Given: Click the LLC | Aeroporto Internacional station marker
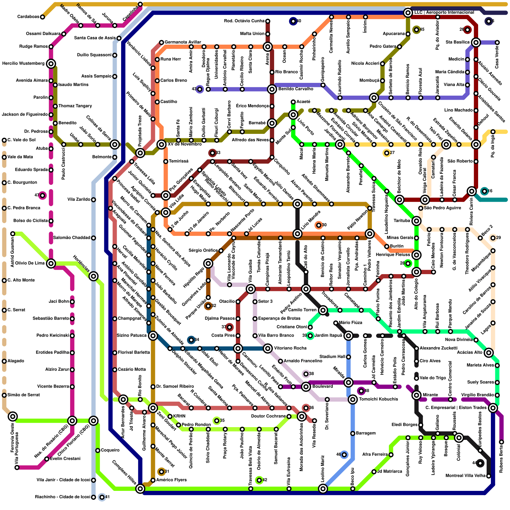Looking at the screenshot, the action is [408, 13].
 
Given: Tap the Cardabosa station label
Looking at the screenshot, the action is [28, 17].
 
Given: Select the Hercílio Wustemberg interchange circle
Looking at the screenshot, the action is [51, 63].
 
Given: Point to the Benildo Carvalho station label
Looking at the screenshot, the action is [295, 89].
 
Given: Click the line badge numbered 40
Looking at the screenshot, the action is [293, 21].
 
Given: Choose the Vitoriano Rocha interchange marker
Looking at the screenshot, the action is [268, 348].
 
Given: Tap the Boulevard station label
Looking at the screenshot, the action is [323, 387].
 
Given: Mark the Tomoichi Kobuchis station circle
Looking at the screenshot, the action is [353, 399].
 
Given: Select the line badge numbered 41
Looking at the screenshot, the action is [102, 497].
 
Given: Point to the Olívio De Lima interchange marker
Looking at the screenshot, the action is [51, 263].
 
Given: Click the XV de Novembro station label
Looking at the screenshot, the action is [185, 144].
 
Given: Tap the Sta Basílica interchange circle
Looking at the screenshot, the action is [476, 42].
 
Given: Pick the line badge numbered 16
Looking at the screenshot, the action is [484, 191].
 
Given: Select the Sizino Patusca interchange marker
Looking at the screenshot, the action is [153, 335].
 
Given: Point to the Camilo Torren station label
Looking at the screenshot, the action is [302, 310].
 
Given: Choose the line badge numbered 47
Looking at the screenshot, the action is [42, 195].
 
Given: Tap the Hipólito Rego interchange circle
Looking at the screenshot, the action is [208, 263].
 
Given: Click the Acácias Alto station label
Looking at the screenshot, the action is [470, 353].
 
